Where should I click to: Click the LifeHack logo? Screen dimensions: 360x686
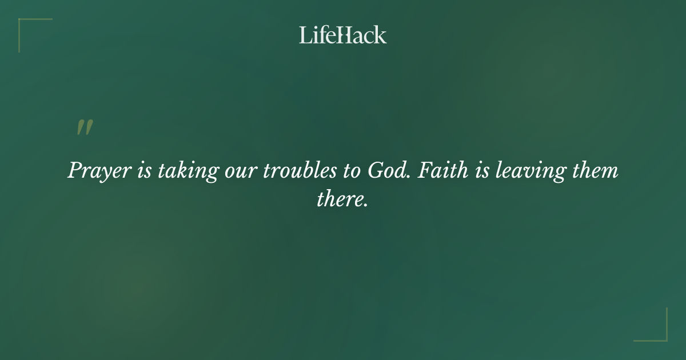pos(343,35)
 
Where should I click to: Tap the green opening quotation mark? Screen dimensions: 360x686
pos(85,128)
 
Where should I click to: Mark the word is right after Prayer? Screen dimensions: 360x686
pos(143,171)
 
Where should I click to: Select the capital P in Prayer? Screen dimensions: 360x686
pos(75,171)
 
